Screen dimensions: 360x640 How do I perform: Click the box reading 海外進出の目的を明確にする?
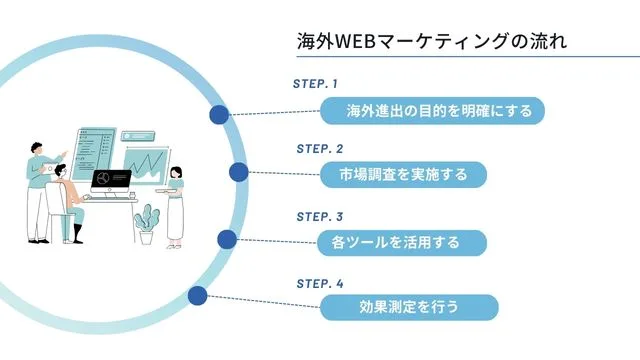(x=432, y=110)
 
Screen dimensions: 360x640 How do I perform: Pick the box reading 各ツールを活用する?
(x=402, y=242)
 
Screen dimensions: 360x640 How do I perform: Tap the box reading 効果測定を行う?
(x=408, y=307)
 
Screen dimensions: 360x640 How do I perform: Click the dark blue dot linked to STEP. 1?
(x=218, y=115)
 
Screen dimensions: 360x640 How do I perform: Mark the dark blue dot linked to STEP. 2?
(x=239, y=173)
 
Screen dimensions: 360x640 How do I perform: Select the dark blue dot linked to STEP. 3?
(x=227, y=239)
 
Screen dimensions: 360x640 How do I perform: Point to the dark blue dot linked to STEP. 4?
(x=197, y=295)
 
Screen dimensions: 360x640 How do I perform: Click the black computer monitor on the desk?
(x=111, y=181)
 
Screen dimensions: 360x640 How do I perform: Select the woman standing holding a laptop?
(x=175, y=205)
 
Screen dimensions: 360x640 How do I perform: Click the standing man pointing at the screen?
(x=37, y=190)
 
